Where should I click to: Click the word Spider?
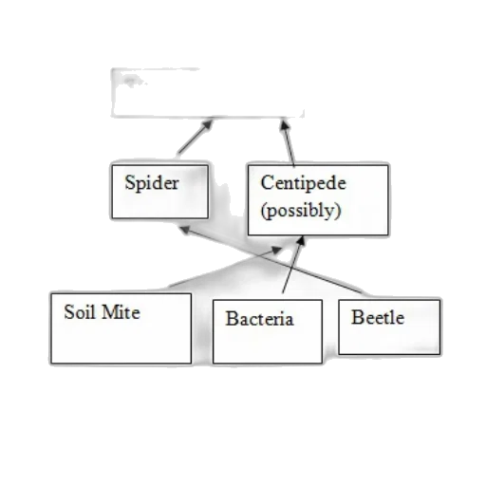pos(152,183)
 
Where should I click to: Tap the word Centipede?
pos(303,183)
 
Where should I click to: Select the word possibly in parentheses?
pos(301,211)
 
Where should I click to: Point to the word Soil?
pos(80,312)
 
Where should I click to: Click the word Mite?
pos(121,312)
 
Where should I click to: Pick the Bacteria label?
pos(259,318)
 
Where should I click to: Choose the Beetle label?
pos(378,317)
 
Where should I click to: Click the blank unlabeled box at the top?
pos(207,93)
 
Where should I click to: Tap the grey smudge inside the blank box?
pos(130,80)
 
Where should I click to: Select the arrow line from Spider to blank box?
pos(195,137)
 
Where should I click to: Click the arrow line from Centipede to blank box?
pos(288,143)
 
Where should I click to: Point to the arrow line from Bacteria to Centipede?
pos(293,265)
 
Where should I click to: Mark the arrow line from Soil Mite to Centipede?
pos(225,268)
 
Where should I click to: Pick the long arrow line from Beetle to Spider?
pos(272,260)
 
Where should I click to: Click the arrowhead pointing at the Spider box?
pos(185,230)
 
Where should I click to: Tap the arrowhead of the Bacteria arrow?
pos(301,241)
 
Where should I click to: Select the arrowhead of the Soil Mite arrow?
pos(276,251)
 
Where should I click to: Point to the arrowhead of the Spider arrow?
pos(208,124)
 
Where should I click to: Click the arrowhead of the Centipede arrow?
pos(285,125)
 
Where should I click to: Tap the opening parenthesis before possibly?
pos(263,211)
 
